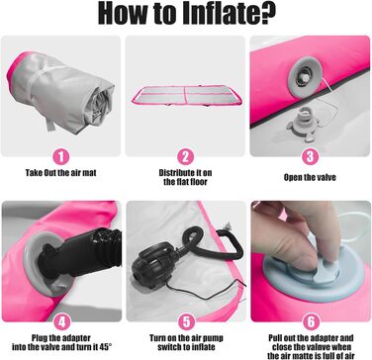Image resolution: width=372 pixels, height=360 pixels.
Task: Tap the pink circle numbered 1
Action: coord(61,156)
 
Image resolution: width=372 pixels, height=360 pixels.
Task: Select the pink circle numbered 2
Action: coord(185,156)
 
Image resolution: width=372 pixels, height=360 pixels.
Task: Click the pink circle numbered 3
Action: coord(310,156)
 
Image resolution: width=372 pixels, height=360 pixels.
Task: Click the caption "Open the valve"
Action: coord(310,177)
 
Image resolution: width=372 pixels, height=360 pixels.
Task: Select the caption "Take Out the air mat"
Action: coord(61,173)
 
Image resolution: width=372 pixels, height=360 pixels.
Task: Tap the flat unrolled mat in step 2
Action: coord(188,96)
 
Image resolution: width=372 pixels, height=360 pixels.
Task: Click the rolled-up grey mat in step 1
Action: coord(61,92)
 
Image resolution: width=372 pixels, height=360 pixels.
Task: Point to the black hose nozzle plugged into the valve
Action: coord(76,257)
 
